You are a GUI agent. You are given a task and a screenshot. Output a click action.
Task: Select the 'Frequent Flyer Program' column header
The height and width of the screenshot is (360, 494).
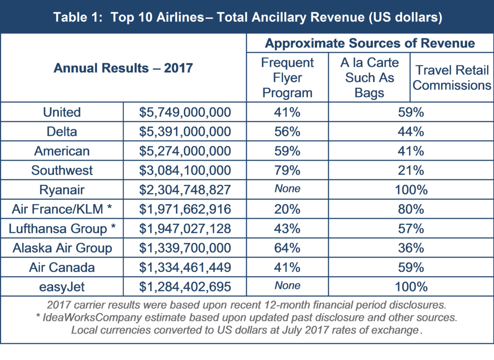coord(288,78)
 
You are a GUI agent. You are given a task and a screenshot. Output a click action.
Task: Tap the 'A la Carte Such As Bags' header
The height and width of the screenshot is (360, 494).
coord(370,78)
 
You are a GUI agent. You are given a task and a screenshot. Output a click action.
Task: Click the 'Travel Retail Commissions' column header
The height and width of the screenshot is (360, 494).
coord(452,78)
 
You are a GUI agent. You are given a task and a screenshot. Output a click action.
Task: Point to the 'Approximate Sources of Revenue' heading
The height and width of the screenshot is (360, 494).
coord(370,43)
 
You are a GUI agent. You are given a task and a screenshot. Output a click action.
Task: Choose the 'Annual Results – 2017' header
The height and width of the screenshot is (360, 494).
coord(123,68)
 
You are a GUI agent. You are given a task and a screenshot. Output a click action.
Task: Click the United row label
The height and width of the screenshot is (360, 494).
coord(62,112)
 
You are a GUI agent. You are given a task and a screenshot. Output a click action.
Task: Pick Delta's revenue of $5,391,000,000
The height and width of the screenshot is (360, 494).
coord(185,132)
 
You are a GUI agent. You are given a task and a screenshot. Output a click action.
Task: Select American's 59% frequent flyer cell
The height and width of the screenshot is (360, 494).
coord(288,151)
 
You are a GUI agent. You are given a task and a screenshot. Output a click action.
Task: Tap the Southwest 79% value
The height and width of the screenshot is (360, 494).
coord(288,170)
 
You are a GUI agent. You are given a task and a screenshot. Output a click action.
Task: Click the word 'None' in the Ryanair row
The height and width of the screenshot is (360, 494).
coord(288,189)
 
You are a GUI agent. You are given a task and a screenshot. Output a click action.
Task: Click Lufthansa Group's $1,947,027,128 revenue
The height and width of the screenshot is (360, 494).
coord(185,229)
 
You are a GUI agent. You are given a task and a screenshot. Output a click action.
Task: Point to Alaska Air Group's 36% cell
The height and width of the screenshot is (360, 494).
coord(411,248)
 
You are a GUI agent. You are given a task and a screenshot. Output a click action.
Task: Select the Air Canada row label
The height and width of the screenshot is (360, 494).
coord(62,267)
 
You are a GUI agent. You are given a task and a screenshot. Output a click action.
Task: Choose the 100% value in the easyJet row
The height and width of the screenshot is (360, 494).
coord(411,287)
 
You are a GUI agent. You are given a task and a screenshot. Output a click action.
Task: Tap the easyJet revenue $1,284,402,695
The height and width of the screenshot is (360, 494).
coord(185,287)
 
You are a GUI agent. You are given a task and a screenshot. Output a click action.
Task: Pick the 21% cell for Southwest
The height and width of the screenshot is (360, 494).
coord(411,170)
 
